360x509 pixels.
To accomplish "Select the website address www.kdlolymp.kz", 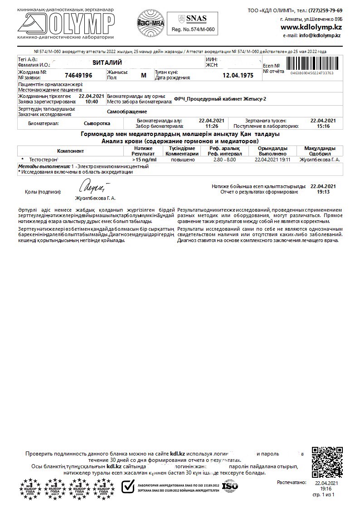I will pyautogui.click(x=311, y=27).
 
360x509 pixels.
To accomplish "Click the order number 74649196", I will pyautogui.click(x=78, y=75).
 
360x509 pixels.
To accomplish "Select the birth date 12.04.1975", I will pyautogui.click(x=238, y=75).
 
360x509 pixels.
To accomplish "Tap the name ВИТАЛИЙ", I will pyautogui.click(x=107, y=62).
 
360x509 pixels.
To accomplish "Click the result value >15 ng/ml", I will pyautogui.click(x=144, y=160).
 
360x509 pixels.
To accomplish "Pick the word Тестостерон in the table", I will pyautogui.click(x=44, y=160).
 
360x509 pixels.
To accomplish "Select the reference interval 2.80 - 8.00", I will pyautogui.click(x=224, y=160).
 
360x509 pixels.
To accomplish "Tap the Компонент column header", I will pyautogui.click(x=70, y=151).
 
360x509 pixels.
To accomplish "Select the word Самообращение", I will pyautogui.click(x=127, y=111).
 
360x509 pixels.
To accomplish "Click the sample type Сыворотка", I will pyautogui.click(x=97, y=123).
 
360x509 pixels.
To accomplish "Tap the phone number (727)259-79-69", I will pyautogui.click(x=326, y=10).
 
